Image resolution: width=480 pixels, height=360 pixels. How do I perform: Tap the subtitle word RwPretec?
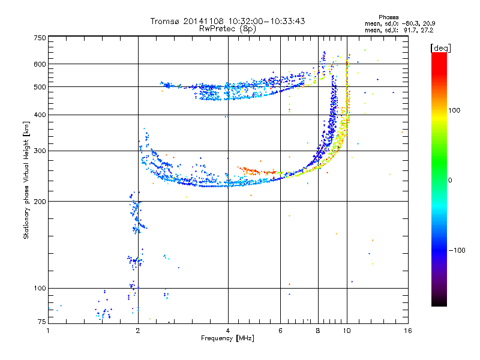tap(218, 29)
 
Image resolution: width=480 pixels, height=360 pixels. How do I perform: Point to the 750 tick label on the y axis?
tap(40, 38)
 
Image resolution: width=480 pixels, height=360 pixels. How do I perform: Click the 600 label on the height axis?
tap(40, 64)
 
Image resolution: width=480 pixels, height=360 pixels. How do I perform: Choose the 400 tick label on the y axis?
tap(40, 115)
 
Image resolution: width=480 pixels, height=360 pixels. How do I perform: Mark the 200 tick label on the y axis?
tap(40, 202)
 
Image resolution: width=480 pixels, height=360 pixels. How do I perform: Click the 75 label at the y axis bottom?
tap(42, 322)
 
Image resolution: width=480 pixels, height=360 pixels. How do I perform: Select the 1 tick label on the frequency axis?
tap(48, 331)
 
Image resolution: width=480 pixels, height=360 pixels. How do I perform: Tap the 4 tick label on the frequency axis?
tap(228, 331)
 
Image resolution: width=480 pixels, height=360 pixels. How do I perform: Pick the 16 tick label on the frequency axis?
tap(408, 331)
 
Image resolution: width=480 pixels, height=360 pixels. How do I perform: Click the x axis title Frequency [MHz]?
tap(227, 338)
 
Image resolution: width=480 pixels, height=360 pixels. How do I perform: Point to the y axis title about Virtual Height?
tap(26, 181)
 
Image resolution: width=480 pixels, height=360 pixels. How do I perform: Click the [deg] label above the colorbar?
tap(440, 49)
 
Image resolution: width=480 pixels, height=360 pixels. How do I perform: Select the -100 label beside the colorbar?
tap(457, 250)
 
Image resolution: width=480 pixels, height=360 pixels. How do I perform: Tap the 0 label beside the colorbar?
tap(450, 181)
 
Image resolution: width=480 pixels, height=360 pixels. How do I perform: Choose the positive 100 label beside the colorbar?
tap(454, 110)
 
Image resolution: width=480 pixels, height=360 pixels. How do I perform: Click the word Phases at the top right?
tap(388, 17)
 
